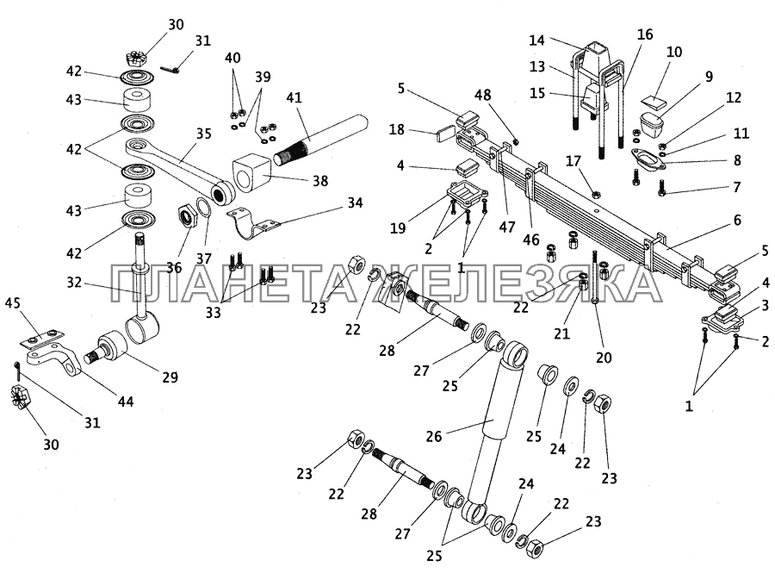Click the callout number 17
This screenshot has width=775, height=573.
(x=574, y=159)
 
